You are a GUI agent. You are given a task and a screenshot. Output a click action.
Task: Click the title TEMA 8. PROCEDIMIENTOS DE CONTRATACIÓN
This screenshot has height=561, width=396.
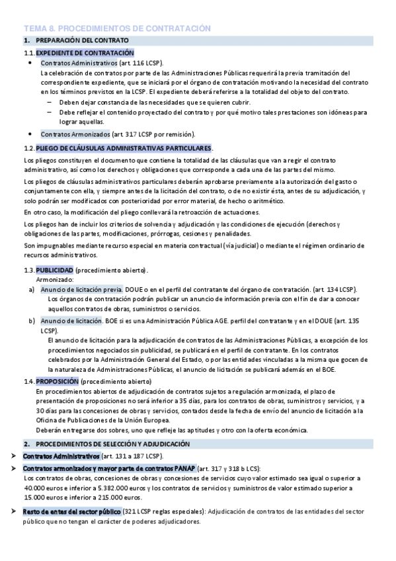[x=117, y=28]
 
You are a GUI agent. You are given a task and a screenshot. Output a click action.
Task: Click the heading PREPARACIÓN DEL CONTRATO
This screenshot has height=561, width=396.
[x=82, y=41]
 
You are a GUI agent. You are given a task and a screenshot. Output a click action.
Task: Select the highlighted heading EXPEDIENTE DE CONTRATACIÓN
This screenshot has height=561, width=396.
[x=85, y=52]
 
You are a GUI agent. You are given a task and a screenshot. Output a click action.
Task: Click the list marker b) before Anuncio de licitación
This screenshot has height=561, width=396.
[x=32, y=321]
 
